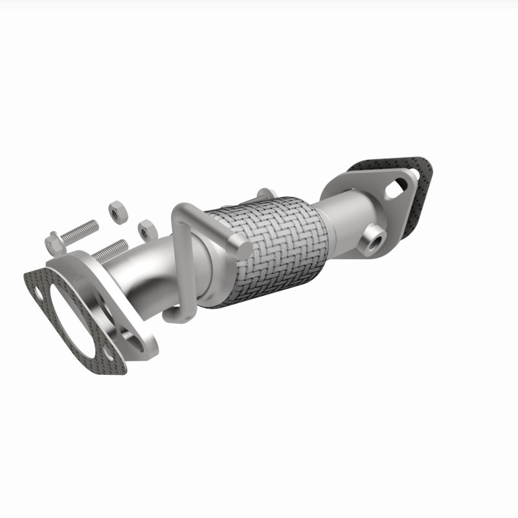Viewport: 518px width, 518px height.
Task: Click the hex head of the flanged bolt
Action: tap(54, 242)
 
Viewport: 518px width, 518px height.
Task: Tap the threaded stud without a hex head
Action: tap(110, 249)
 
